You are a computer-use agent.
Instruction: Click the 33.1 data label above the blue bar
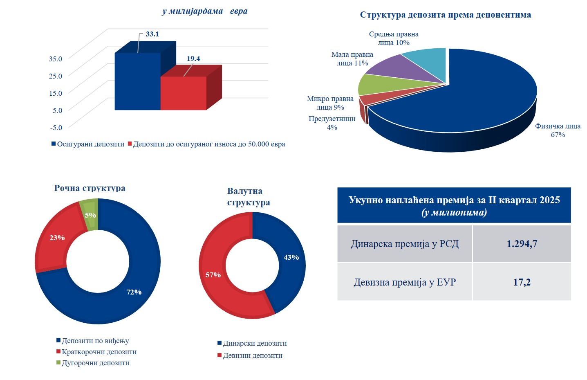152,34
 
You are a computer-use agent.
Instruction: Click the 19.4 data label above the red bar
193,59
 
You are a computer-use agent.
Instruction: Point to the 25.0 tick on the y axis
56,76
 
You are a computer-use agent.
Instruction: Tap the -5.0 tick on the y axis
56,127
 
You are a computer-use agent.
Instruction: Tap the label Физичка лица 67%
558,130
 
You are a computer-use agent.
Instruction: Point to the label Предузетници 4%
332,123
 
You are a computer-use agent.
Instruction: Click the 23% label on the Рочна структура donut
57,238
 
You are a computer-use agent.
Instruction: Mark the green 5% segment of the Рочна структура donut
91,215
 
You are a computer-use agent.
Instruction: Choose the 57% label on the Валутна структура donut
213,275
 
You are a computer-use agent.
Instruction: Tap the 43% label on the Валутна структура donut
291,257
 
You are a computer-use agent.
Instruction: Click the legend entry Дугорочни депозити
95,363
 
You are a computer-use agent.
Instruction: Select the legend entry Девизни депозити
252,355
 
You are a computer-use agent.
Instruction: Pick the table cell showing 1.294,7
522,244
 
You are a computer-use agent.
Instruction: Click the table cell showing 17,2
522,282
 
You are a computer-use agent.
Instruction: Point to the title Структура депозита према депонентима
445,15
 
